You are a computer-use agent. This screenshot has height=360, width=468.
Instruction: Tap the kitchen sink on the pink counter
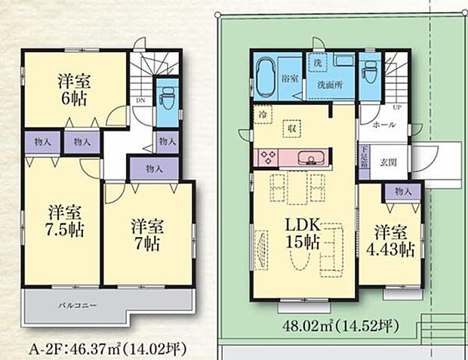[310, 158]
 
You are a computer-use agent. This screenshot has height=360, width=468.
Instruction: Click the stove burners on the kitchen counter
[268, 158]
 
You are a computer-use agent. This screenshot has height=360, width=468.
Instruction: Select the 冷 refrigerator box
[260, 114]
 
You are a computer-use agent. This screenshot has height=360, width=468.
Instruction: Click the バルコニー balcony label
[76, 306]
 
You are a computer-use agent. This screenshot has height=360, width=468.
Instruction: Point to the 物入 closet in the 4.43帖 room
[402, 192]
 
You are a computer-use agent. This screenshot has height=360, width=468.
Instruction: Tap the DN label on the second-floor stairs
[141, 98]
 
